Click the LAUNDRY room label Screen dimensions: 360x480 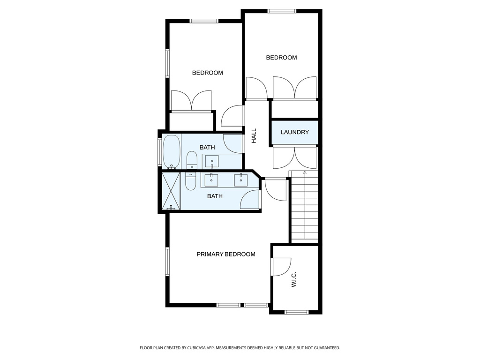295,132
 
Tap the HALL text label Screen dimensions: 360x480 254,136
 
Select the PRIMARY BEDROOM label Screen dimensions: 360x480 225,254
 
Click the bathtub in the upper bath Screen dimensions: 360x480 171,151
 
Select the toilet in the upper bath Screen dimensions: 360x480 191,161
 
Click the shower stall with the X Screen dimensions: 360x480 171,191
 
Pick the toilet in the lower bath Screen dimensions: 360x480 190,181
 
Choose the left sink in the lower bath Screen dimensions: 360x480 212,179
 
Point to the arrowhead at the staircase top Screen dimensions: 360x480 305,173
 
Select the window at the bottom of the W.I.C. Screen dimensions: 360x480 296,312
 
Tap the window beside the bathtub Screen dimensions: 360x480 159,151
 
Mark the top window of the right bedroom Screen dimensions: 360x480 282,11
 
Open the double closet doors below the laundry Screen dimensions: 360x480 295,158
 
